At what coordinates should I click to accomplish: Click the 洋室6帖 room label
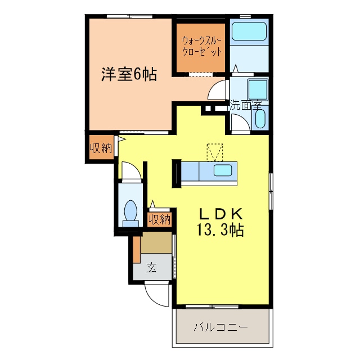pos(129,74)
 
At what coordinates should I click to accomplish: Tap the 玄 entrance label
pos(152,267)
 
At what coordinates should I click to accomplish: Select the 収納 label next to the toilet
pos(159,219)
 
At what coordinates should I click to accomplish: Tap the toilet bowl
pos(130,210)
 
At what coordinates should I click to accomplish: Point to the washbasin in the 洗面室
pos(260,119)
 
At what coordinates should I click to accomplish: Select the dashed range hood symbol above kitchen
pos(215,152)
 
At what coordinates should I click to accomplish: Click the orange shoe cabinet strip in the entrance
pos(137,250)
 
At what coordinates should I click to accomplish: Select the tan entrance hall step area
pos(156,243)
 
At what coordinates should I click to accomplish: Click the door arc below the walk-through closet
pos(219,89)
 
